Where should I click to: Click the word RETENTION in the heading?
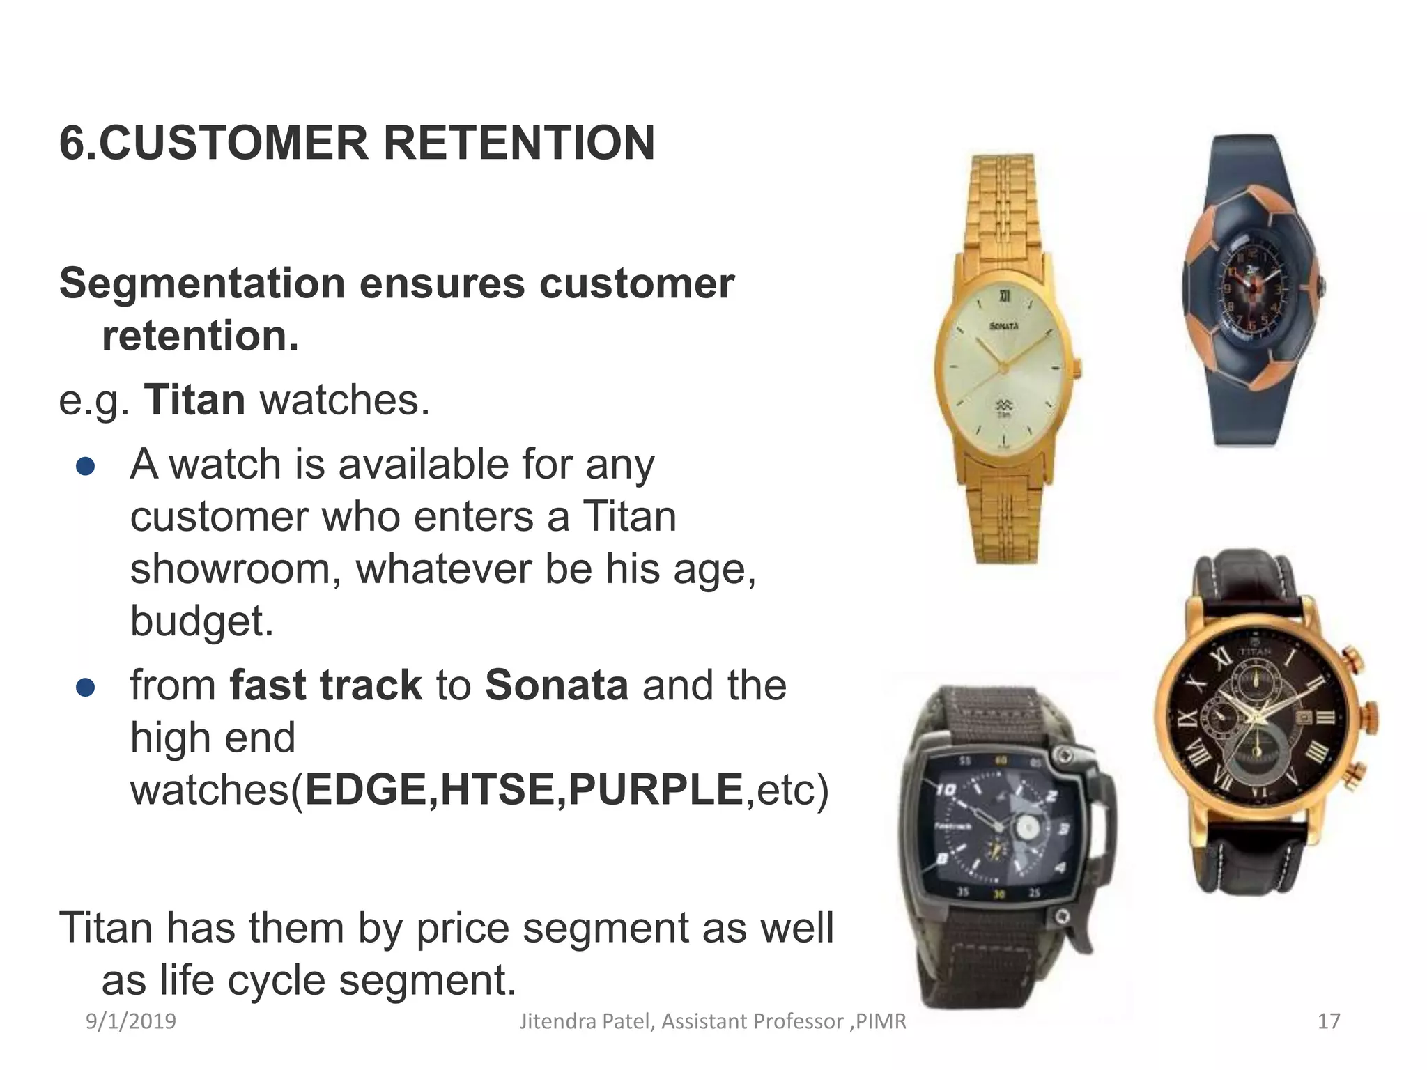(x=518, y=143)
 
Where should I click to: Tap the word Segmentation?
(x=202, y=284)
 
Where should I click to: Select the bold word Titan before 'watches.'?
(x=194, y=401)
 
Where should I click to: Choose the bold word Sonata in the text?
(x=556, y=685)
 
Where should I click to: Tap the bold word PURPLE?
(x=656, y=790)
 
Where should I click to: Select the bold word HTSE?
(x=497, y=790)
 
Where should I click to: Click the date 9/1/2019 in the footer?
(x=131, y=1021)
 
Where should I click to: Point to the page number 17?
(x=1329, y=1021)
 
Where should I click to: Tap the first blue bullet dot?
(x=85, y=467)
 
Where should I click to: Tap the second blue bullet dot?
(x=85, y=688)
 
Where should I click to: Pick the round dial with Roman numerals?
(x=1258, y=720)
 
